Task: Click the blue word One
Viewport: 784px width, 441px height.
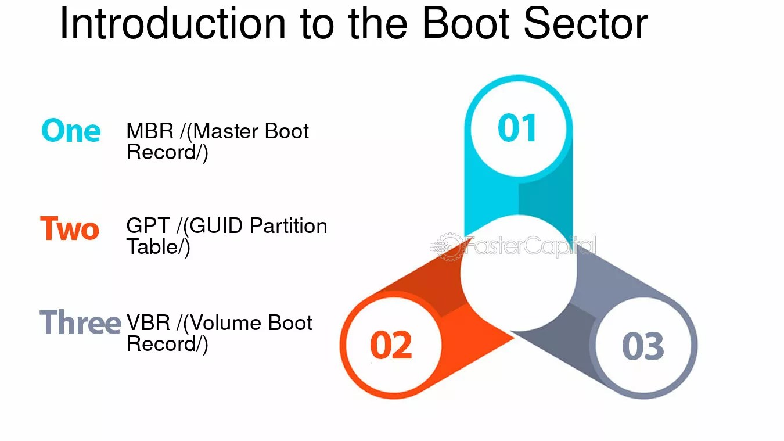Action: pos(71,131)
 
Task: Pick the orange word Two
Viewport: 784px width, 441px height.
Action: pos(70,228)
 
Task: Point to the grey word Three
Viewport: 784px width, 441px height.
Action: pos(80,322)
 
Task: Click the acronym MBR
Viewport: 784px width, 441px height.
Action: pos(150,131)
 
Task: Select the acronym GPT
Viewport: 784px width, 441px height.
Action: pos(149,226)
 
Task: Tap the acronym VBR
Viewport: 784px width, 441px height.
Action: pos(149,322)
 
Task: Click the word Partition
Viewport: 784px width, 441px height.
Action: pos(289,226)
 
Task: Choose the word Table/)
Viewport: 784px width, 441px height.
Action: pos(158,247)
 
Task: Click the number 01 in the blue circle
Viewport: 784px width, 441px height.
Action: pos(517,128)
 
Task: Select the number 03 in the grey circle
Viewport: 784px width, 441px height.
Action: pos(642,346)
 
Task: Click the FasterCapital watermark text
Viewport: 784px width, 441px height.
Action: pos(529,247)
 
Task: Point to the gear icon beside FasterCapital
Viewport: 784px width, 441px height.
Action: pos(448,246)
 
